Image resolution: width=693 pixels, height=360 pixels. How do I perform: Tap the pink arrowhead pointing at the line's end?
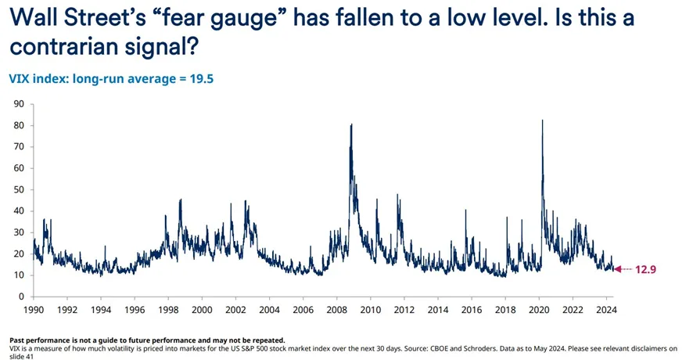(617, 269)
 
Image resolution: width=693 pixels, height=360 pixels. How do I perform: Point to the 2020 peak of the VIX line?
(542, 121)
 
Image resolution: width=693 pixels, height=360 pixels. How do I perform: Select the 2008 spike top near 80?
(351, 124)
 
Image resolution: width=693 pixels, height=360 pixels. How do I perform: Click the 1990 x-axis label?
(33, 310)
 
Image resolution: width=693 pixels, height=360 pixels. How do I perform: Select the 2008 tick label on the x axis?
(337, 310)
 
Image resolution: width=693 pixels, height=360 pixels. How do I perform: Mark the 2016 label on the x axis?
(472, 310)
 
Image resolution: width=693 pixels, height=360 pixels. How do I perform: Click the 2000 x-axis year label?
(202, 310)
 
